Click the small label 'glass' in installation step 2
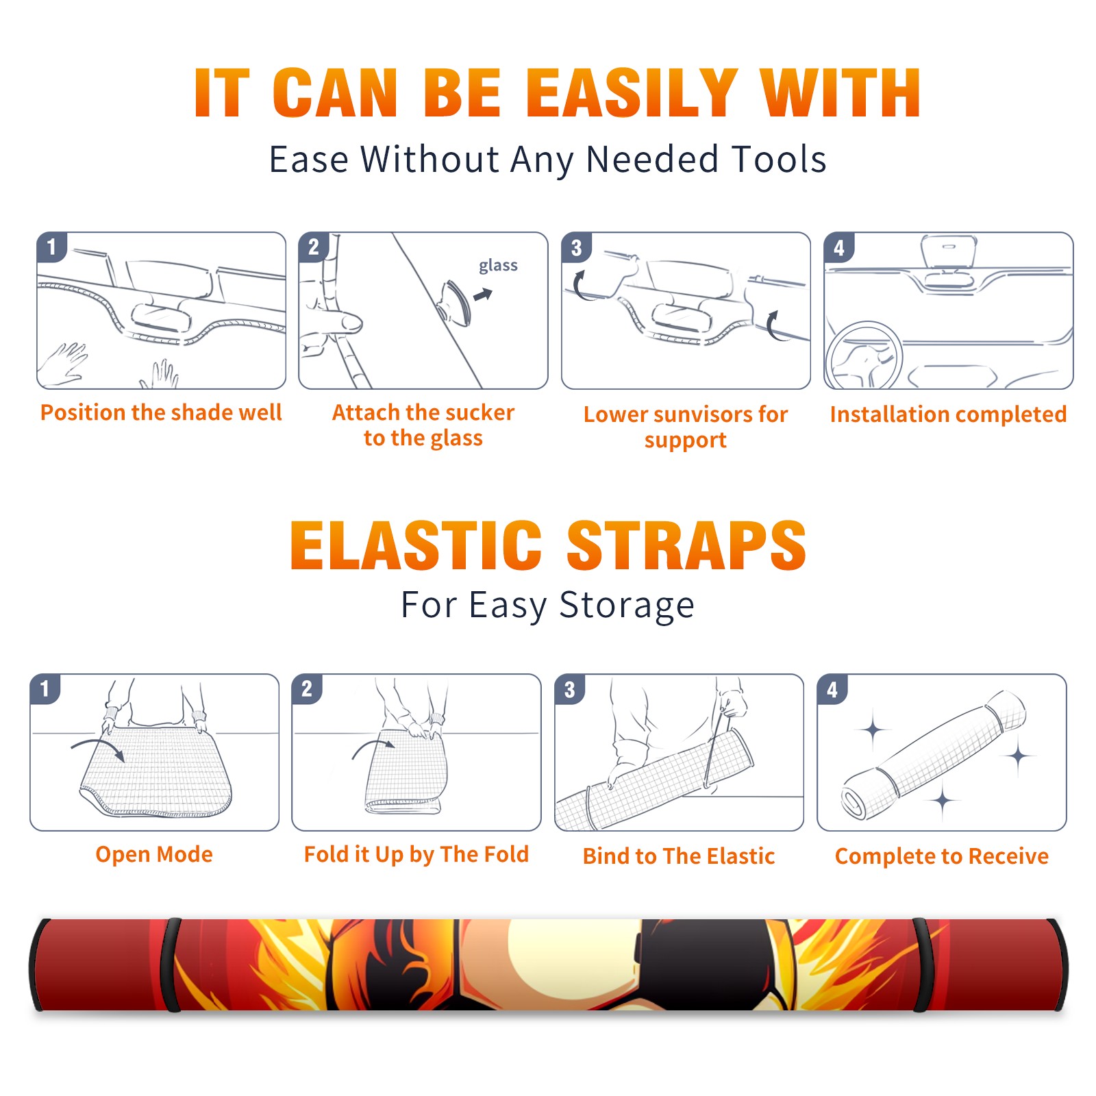(498, 266)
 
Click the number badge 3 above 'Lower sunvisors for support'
(576, 247)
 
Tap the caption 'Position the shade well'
(161, 412)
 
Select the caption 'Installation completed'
(948, 414)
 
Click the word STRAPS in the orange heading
(686, 545)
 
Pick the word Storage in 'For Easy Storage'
(627, 606)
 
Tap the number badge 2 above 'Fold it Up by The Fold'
(307, 688)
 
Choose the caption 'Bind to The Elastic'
(678, 856)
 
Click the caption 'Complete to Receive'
(942, 856)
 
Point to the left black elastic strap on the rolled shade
(171, 965)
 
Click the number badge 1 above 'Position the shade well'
(51, 247)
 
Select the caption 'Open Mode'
(154, 854)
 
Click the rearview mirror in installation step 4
(948, 253)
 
